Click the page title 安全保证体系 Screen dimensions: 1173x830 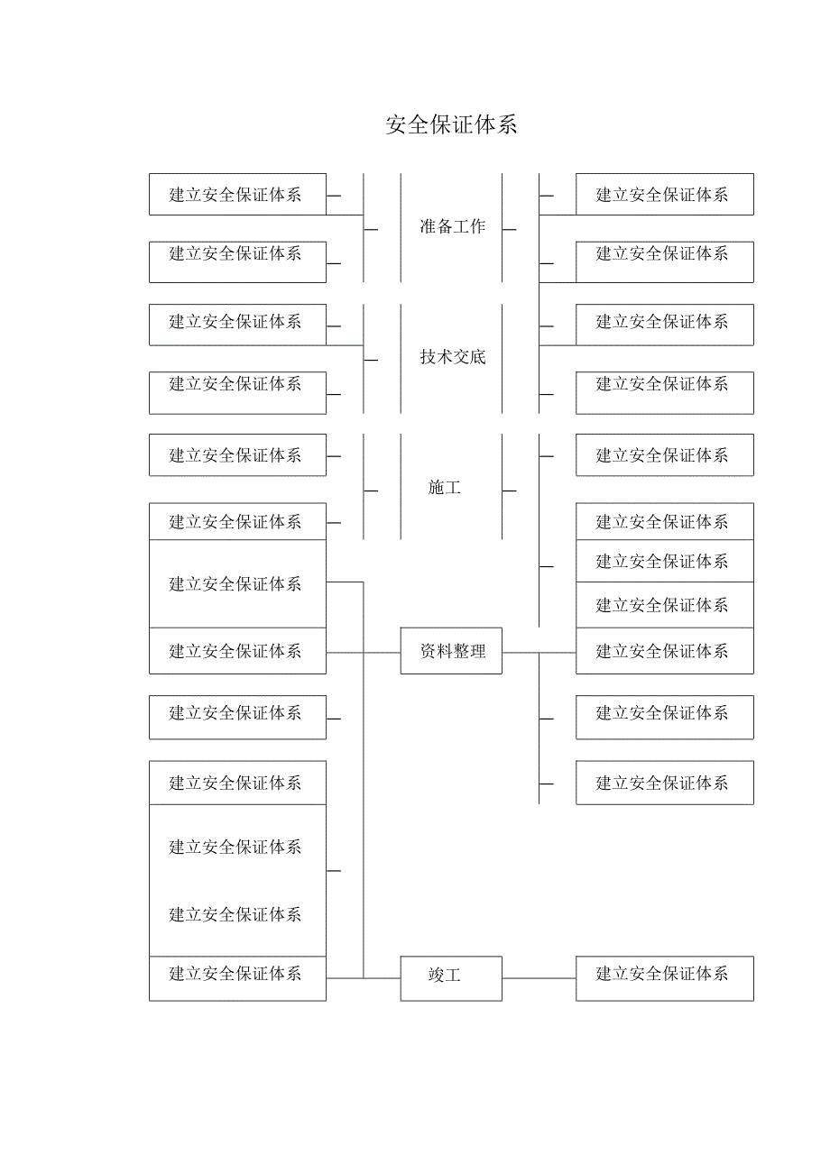[x=451, y=124]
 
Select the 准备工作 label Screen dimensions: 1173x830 [x=452, y=227]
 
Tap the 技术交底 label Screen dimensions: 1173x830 [x=452, y=357]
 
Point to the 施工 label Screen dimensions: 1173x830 [x=444, y=488]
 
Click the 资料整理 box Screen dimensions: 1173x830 [x=451, y=651]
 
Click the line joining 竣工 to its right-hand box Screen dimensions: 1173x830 [x=539, y=978]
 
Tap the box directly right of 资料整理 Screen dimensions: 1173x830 [x=664, y=651]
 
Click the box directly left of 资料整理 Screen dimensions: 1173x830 [x=237, y=651]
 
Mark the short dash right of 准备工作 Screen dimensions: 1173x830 [x=510, y=230]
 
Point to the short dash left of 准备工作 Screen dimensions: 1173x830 [x=371, y=230]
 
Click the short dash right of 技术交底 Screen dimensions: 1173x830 [x=510, y=361]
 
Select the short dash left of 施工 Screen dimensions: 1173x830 [x=371, y=491]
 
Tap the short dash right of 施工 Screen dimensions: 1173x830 [x=510, y=491]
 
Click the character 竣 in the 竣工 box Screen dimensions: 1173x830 [x=436, y=976]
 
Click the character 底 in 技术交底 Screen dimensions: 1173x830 [x=477, y=357]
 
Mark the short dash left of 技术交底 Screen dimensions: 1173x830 [x=371, y=361]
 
